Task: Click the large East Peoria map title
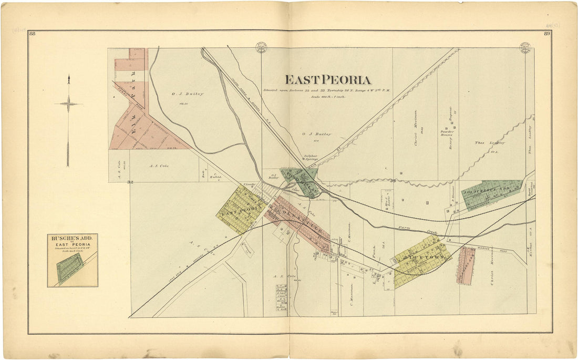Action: (x=328, y=80)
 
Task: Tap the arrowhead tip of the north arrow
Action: (x=68, y=77)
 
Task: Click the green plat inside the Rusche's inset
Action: (x=68, y=269)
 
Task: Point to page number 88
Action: (x=33, y=34)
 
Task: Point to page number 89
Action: (x=546, y=34)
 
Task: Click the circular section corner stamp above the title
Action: (x=261, y=47)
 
